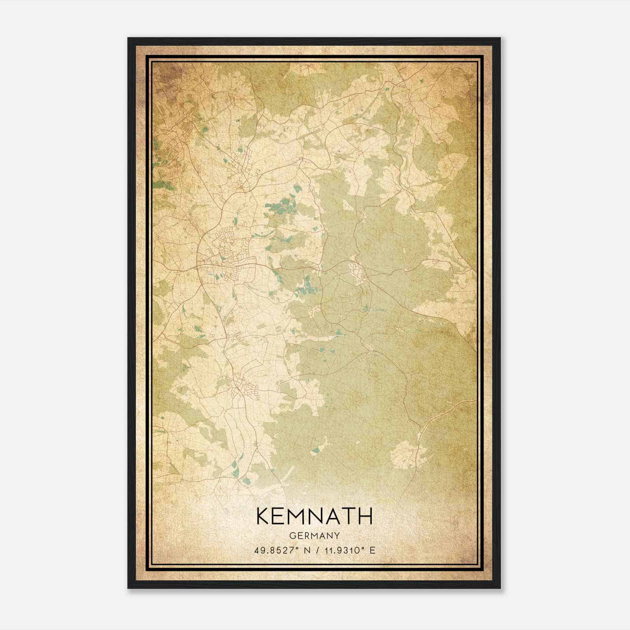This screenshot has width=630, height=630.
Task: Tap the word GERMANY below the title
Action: pyautogui.click(x=314, y=536)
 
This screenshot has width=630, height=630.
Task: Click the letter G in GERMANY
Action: pyautogui.click(x=292, y=536)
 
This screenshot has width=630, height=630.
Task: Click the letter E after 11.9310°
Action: pyautogui.click(x=372, y=550)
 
